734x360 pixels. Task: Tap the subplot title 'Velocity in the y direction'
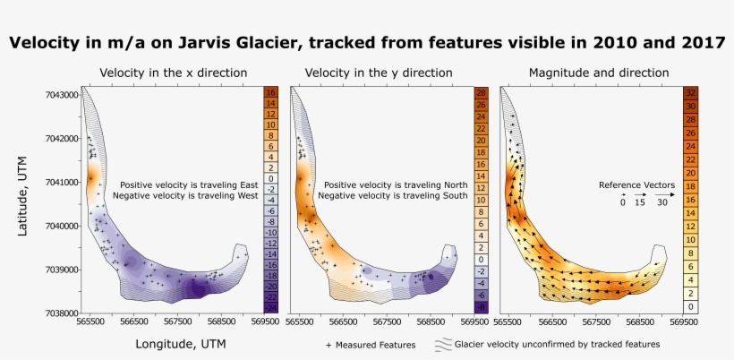(379, 73)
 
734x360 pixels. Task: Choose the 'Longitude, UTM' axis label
(182, 342)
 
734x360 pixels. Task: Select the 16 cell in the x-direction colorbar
(270, 92)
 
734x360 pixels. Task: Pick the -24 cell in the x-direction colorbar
(270, 307)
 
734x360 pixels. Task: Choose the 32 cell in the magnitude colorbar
(690, 92)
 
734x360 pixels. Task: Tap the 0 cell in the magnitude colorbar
(690, 306)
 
